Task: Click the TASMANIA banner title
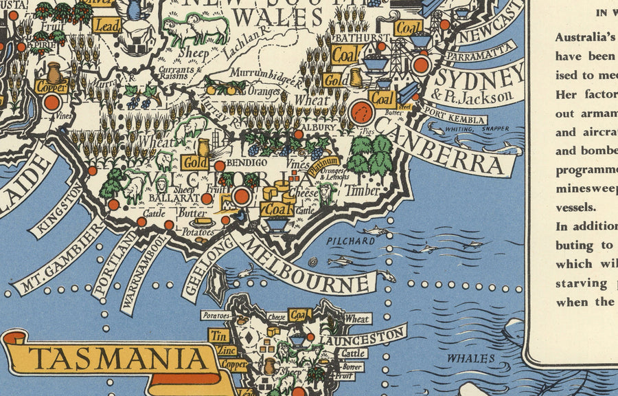click(119, 359)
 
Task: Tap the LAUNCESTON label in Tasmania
click(365, 337)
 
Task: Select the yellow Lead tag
click(106, 25)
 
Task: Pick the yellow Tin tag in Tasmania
click(218, 336)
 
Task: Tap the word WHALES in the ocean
click(470, 358)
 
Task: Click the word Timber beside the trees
click(363, 190)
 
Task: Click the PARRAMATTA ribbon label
click(480, 52)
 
